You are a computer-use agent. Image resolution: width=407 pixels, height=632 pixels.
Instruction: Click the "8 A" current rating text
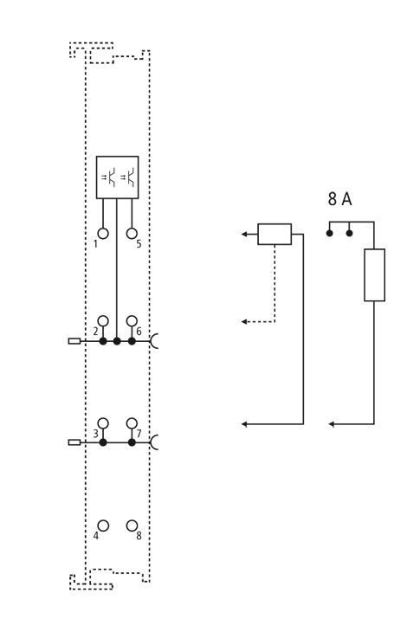pyautogui.click(x=339, y=199)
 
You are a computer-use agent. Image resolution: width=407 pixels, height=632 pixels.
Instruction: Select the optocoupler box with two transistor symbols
pyautogui.click(x=117, y=177)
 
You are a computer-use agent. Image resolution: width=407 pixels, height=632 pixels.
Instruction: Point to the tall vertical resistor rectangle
pyautogui.click(x=374, y=275)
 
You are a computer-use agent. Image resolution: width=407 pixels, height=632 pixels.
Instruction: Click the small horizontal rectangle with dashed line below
pyautogui.click(x=275, y=234)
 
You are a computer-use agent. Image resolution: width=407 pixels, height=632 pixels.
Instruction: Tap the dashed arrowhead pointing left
pyautogui.click(x=244, y=322)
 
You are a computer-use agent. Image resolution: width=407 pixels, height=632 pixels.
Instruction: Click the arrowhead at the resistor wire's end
pyautogui.click(x=332, y=424)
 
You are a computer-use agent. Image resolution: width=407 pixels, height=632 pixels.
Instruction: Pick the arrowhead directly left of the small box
pyautogui.click(x=244, y=234)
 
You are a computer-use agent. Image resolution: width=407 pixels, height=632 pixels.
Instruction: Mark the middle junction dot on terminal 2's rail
pyautogui.click(x=117, y=341)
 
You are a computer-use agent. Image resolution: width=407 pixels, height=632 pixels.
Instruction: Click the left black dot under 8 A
pyautogui.click(x=330, y=234)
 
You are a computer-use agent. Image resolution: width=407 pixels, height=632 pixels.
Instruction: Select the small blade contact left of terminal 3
pyautogui.click(x=74, y=442)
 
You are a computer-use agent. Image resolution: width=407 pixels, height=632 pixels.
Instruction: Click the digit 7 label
pyautogui.click(x=139, y=434)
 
